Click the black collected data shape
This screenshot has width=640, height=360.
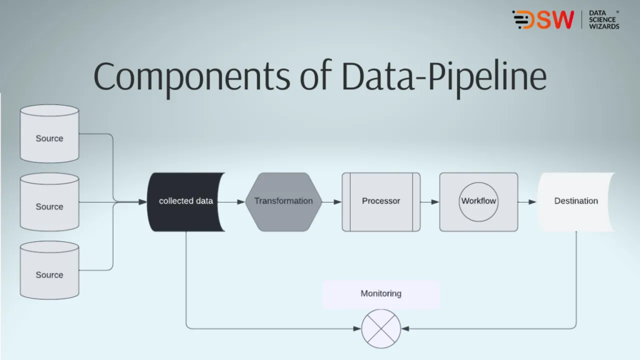pyautogui.click(x=186, y=201)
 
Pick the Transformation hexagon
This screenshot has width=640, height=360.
pyautogui.click(x=283, y=201)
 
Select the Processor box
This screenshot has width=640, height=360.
pyautogui.click(x=381, y=201)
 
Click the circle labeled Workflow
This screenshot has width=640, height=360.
pyautogui.click(x=478, y=201)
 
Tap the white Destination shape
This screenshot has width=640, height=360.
pyautogui.click(x=576, y=201)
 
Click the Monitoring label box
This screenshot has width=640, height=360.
pyautogui.click(x=381, y=294)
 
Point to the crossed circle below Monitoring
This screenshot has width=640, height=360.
pyautogui.click(x=381, y=328)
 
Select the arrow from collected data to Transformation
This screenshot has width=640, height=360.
pyautogui.click(x=236, y=202)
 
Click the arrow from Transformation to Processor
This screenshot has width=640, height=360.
pyautogui.click(x=332, y=202)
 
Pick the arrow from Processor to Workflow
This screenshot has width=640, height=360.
pyautogui.click(x=430, y=202)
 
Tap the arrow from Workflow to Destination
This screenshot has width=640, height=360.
pyautogui.click(x=527, y=202)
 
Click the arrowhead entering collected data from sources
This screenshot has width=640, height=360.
pyautogui.click(x=143, y=202)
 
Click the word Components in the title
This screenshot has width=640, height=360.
pyautogui.click(x=191, y=77)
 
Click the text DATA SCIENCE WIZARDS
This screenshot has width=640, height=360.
pyautogui.click(x=603, y=20)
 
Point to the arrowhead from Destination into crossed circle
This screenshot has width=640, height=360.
pyautogui.click(x=405, y=328)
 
